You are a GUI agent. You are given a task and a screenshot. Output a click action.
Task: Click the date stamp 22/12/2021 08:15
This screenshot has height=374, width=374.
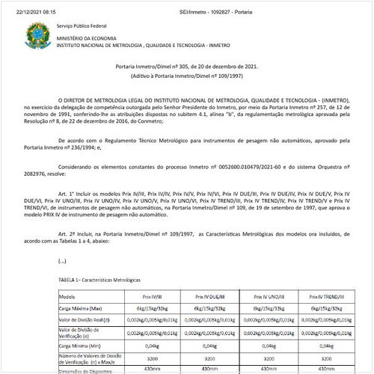click(x=27, y=5)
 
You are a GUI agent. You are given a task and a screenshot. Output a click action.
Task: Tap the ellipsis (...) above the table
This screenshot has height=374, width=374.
click(x=62, y=261)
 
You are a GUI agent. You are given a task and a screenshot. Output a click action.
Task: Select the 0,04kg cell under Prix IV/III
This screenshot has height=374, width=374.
click(x=147, y=346)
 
